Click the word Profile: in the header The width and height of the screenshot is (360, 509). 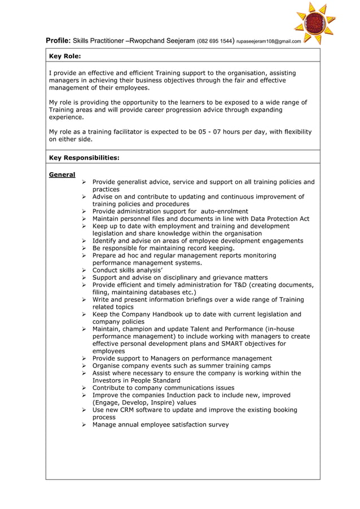pyautogui.click(x=58, y=41)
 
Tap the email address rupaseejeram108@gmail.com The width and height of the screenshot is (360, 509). pyautogui.click(x=269, y=41)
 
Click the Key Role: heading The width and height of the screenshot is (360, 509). pyautogui.click(x=65, y=56)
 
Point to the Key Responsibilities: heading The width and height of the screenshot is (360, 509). pyautogui.click(x=84, y=158)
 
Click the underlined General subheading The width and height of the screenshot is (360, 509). pyautogui.click(x=62, y=175)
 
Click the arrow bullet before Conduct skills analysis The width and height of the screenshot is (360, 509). pyautogui.click(x=84, y=270)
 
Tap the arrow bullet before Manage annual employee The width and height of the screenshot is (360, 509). pyautogui.click(x=84, y=425)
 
